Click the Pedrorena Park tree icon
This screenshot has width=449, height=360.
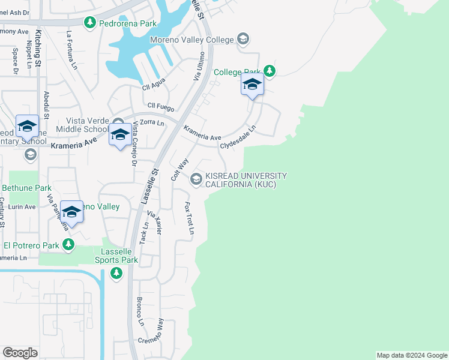click(90, 23)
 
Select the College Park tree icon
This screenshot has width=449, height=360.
click(270, 71)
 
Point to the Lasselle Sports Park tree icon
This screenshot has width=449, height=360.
click(116, 274)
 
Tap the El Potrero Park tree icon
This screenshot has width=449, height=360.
click(68, 245)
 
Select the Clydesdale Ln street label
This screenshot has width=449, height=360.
click(238, 137)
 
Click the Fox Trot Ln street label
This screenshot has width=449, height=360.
click(190, 218)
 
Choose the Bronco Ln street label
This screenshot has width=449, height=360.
click(140, 311)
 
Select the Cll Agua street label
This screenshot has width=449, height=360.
click(154, 86)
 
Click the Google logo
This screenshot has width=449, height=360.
click(20, 353)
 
